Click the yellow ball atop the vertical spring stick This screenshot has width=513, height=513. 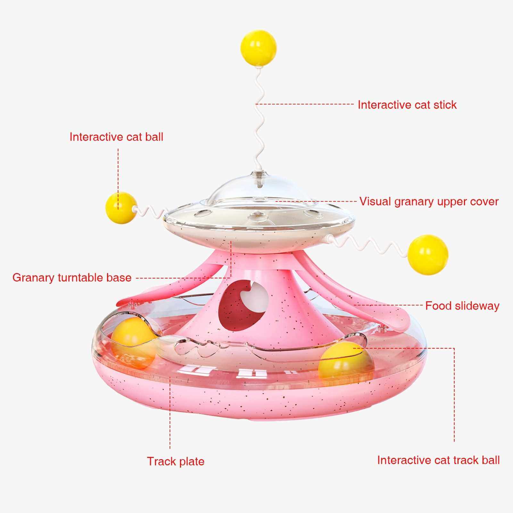pyautogui.click(x=259, y=48)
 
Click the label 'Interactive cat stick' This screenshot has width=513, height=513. pyautogui.click(x=407, y=105)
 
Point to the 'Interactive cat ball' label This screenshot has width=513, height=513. pyautogui.click(x=116, y=137)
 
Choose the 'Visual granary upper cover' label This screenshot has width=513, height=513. pyautogui.click(x=429, y=202)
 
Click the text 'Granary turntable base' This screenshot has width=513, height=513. pyautogui.click(x=72, y=277)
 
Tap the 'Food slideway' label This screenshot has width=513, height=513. pyautogui.click(x=462, y=306)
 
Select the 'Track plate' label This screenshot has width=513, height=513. pyautogui.click(x=176, y=461)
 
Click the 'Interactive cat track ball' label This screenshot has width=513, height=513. pyautogui.click(x=438, y=460)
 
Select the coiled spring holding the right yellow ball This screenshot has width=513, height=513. pyautogui.click(x=368, y=245)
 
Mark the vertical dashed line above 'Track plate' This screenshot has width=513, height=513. pyautogui.click(x=170, y=417)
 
